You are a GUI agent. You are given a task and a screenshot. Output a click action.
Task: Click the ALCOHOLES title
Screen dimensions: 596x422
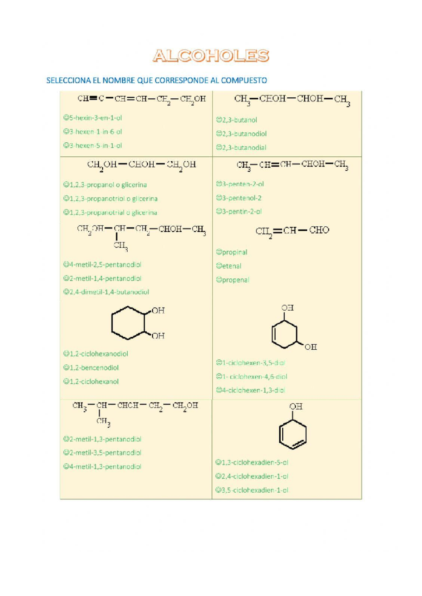211,56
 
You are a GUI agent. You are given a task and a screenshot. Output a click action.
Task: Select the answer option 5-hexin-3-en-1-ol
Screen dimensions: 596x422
92,118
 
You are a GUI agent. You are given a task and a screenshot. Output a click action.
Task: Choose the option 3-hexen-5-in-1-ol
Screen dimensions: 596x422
92,145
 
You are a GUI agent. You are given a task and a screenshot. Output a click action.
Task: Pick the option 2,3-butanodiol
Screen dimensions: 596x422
241,134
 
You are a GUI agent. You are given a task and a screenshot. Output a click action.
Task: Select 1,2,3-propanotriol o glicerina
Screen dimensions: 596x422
110,199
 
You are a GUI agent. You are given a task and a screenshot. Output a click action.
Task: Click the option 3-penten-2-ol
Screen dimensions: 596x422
240,184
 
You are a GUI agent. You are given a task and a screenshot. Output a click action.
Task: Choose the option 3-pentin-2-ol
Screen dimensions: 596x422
239,212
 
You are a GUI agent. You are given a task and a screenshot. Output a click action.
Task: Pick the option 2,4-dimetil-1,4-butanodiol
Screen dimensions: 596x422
106,292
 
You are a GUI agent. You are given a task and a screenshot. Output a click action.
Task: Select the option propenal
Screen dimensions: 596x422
232,280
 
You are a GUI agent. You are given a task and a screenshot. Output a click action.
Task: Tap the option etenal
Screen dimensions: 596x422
229,266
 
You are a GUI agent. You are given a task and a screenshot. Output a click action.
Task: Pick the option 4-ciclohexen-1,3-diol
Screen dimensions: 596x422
250,390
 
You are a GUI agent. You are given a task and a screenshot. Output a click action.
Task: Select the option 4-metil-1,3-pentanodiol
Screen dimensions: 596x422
102,467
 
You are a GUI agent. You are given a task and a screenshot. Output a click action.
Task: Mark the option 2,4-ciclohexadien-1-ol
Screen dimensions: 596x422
252,476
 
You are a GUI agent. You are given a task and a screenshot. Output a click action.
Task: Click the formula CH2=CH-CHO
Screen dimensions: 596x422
292,231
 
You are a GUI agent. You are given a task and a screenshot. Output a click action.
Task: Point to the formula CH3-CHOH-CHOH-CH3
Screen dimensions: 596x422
292,99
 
